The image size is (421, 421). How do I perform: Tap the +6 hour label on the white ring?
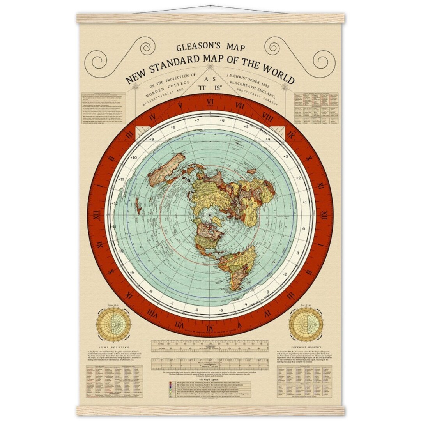pos(222,120)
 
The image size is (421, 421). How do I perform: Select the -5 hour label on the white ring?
pos(221,310)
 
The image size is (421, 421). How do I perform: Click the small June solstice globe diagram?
pos(113,324)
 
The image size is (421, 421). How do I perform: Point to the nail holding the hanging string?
pos(210,6)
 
